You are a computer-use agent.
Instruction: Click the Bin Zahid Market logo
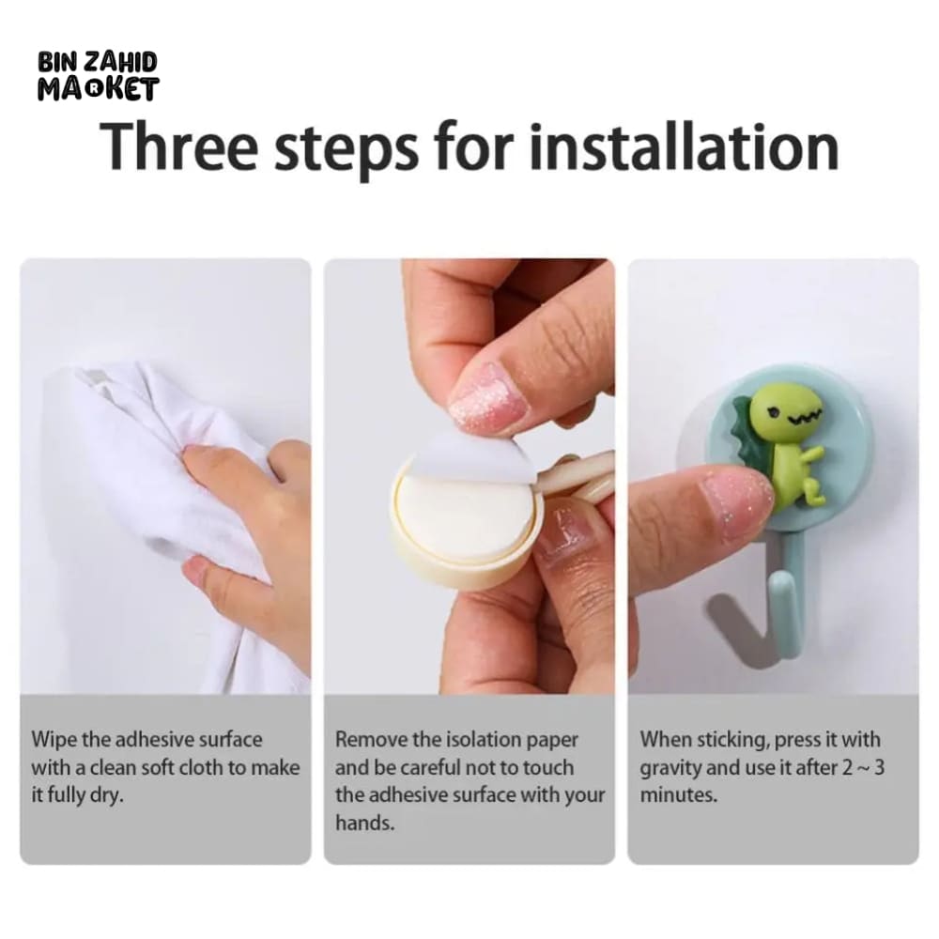tap(99, 76)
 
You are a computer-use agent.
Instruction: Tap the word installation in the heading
tap(684, 146)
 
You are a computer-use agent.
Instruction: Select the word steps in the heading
tap(346, 150)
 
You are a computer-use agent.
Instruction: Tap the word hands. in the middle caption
tap(364, 824)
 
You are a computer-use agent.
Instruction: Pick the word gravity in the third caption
tap(670, 769)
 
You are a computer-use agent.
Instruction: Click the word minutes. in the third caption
tap(679, 795)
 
